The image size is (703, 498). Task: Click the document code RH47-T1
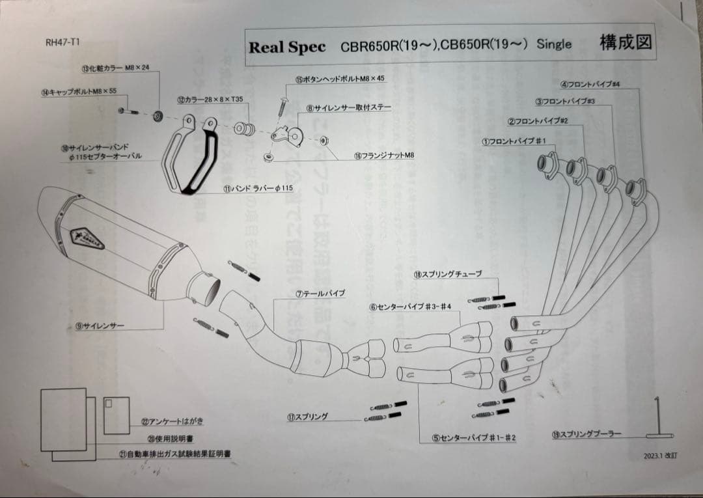[x=62, y=42]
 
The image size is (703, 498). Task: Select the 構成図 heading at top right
[x=626, y=43]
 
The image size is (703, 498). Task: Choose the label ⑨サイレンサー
[x=100, y=325]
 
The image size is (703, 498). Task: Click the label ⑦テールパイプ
[x=320, y=294]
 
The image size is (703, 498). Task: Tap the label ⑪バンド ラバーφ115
[x=258, y=188]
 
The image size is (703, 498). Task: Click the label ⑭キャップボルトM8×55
[x=79, y=91]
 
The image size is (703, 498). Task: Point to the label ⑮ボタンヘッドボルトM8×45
[x=339, y=79]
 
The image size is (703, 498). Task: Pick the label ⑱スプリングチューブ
[x=447, y=275]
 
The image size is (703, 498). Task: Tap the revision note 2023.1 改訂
[x=660, y=456]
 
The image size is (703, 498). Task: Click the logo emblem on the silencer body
[x=80, y=236]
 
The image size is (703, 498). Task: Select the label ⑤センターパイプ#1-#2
[x=474, y=438]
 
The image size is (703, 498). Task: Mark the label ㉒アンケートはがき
[x=172, y=422]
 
